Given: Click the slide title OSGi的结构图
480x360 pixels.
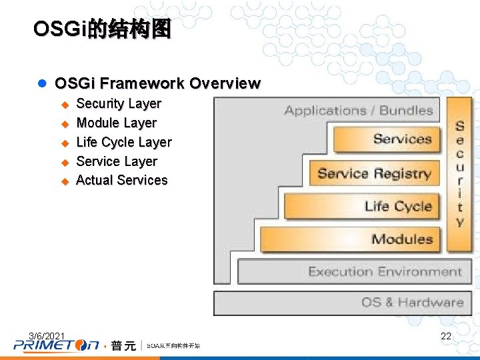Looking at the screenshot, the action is pos(102,29).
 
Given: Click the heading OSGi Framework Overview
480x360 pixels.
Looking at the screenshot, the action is pos(157,83).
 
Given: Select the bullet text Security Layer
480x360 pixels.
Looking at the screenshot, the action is pos(119,103).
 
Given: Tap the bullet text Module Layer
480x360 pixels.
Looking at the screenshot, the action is pos(116,123).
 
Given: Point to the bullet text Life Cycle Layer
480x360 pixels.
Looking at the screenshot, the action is pos(124,142).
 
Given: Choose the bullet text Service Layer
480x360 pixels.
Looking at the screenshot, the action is pos(117,161).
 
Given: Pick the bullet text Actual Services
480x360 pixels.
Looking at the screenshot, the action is pos(122,180).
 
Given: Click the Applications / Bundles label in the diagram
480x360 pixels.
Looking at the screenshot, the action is pos(359,111).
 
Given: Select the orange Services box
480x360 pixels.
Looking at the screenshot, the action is pos(387,139).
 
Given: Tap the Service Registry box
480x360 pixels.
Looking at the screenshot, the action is pos(374,173).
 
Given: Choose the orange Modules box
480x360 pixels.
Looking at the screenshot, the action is pos(350,239).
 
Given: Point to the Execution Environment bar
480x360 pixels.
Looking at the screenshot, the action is pos(354,271).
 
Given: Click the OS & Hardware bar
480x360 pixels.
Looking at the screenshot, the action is pos(342,302).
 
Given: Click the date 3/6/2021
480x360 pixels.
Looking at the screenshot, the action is pos(47,335).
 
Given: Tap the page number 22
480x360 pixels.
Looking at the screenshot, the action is pos(446,336).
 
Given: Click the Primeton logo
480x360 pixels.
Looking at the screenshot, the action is pos(56,345).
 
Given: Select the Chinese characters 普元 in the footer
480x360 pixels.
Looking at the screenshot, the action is pos(123,345).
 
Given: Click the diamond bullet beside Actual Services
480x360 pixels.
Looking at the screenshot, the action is pos(65,181).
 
